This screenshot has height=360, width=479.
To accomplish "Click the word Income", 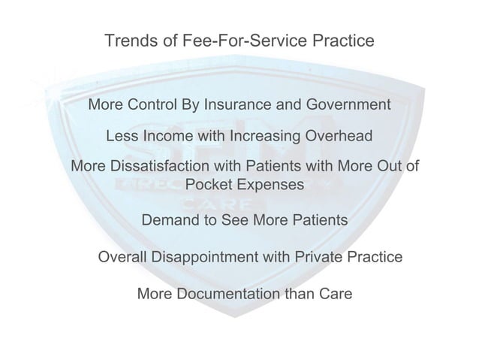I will point(168,138).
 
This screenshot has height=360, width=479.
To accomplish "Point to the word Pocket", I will point(209,185).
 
